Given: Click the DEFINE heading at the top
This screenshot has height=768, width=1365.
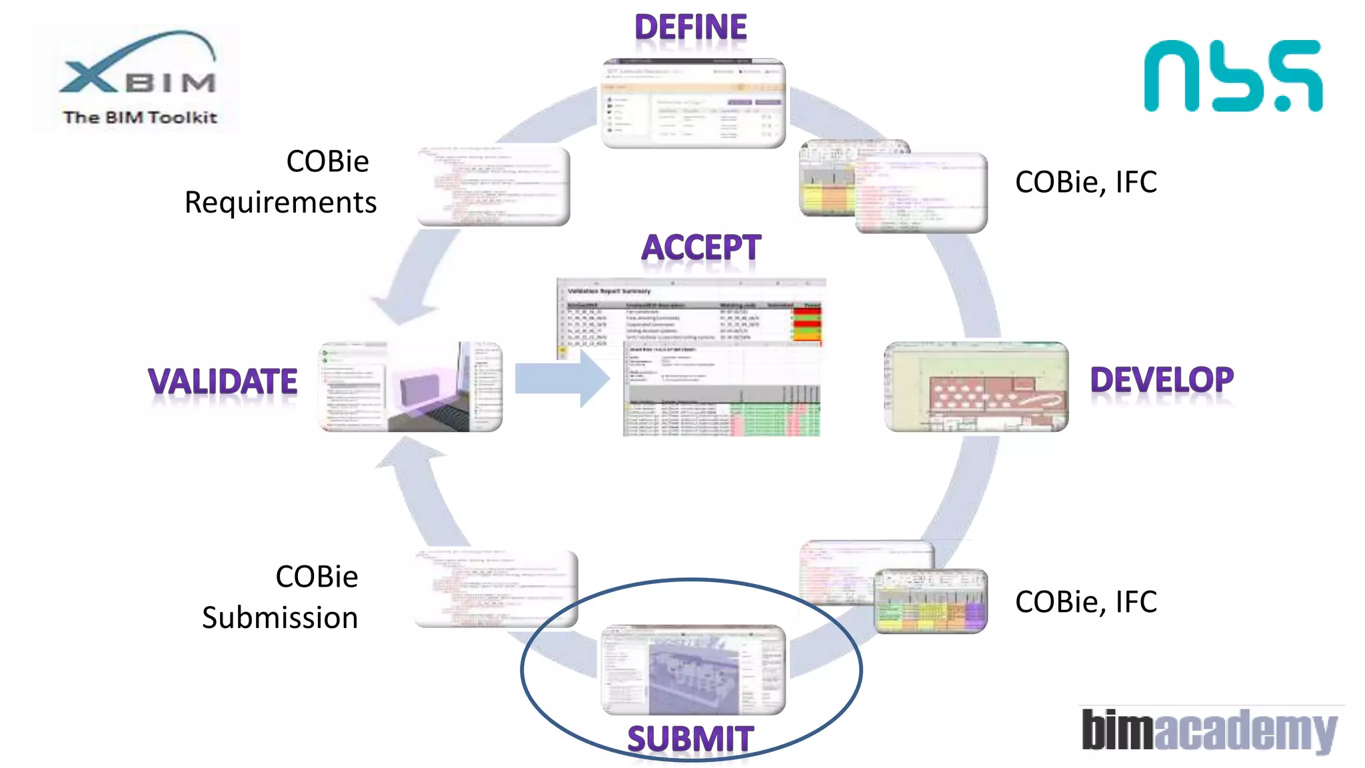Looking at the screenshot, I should pos(690,28).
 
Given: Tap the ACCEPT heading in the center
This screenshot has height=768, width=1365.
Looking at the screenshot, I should pos(700,248).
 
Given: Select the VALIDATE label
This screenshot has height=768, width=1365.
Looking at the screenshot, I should pos(223,382).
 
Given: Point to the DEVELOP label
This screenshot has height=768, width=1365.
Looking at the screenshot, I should pos(1161,380).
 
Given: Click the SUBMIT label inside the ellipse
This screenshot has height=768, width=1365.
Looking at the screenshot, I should pos(690,739).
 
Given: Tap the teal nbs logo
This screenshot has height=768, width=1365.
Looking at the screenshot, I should pos(1232,76).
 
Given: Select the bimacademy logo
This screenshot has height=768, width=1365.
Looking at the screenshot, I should pos(1209,731).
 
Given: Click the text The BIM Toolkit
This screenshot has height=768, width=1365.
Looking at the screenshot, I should pos(140,117).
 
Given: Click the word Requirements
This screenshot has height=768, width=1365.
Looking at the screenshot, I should pos(281,203).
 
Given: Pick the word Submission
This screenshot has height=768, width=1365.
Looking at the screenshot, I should pos(280,618).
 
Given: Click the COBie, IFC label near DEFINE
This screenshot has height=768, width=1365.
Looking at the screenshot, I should pos(1086,182).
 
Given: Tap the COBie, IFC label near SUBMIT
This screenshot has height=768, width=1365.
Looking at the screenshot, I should pos(1086,602).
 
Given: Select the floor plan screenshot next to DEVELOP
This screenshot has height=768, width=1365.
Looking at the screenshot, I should pos(976,387).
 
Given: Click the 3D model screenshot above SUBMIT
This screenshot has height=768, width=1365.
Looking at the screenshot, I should pos(693,669).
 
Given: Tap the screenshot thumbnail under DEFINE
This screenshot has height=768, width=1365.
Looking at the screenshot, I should pos(693,104).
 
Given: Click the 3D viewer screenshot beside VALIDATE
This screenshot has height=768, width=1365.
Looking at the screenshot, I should pos(411,387).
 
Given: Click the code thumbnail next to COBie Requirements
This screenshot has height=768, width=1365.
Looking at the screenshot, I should pos(493,185).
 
